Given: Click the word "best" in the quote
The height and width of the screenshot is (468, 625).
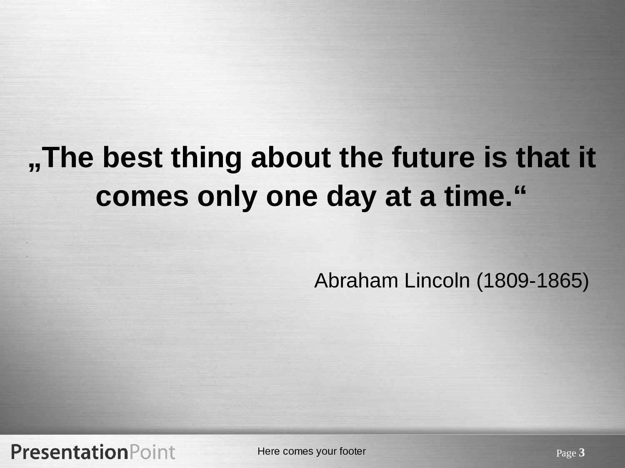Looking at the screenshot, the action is [132, 157].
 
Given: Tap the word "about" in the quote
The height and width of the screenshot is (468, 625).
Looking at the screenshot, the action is [291, 157].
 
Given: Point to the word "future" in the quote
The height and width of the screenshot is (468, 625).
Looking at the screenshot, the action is [433, 157].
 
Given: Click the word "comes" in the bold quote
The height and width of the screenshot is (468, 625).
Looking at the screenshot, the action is [142, 197].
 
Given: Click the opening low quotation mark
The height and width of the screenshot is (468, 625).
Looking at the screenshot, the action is [35, 167].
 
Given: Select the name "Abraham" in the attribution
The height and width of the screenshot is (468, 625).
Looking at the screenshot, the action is [356, 281].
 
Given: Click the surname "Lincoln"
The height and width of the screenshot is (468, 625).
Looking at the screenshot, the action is [437, 281].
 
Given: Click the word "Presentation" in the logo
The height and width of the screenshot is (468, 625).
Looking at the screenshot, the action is [70, 452].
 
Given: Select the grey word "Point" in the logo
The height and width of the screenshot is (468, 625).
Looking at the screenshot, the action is [152, 452].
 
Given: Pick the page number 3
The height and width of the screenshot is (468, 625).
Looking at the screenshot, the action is [582, 453].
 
